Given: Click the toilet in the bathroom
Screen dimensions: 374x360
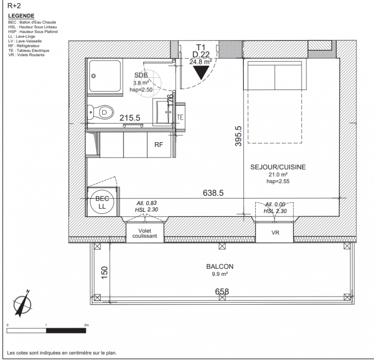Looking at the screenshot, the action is click(100, 112).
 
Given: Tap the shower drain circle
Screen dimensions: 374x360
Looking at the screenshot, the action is click(94, 76).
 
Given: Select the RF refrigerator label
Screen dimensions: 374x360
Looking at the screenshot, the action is click(158, 145).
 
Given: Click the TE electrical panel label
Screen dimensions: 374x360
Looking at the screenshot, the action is click(180, 117).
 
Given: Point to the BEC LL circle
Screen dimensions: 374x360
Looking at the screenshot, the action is click(102, 202).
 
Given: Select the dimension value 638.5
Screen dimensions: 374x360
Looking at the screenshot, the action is click(213, 193).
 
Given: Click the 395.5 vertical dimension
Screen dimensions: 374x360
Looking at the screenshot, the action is click(238, 136).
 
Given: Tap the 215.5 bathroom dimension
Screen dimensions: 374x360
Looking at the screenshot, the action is click(130, 118).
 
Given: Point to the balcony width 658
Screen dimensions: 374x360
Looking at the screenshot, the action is click(222, 291).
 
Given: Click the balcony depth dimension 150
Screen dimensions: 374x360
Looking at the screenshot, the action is click(104, 273).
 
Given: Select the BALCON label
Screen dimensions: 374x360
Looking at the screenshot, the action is click(220, 266).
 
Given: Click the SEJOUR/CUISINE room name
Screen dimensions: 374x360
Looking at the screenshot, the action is click(278, 167).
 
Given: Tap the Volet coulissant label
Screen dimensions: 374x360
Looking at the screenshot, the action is click(144, 234).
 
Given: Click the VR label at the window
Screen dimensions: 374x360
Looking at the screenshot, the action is click(275, 233).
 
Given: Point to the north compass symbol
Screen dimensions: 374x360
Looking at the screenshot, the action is click(22, 303).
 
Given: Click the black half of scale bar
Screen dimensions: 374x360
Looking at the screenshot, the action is click(66, 331).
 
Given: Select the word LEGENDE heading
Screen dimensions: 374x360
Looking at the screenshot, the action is click(21, 16).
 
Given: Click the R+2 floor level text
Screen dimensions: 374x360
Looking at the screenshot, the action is click(14, 5).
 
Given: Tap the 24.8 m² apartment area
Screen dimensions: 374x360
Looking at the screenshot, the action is click(201, 62).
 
